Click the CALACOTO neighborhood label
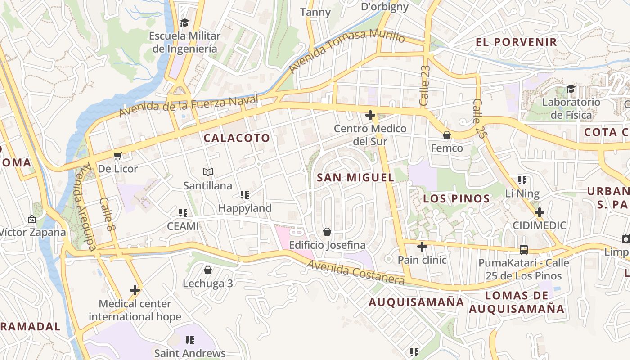(237, 138)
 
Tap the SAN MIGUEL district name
(355, 178)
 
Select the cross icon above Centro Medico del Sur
(370, 116)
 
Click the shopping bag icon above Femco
(447, 135)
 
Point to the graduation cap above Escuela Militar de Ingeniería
(184, 22)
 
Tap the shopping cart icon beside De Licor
(118, 156)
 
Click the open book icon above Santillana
(207, 172)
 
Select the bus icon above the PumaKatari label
(524, 249)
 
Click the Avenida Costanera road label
(355, 273)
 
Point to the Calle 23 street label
(425, 85)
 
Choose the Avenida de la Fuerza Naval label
(189, 106)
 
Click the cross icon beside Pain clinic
(422, 247)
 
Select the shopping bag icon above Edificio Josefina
(327, 232)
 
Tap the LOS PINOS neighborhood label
(456, 198)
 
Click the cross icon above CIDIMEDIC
(539, 212)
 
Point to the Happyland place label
(245, 208)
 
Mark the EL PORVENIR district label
(516, 42)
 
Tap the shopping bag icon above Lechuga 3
(208, 270)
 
